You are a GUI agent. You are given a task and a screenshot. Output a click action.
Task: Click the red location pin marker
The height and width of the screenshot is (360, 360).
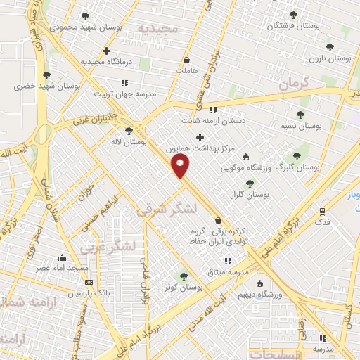(x=181, y=167)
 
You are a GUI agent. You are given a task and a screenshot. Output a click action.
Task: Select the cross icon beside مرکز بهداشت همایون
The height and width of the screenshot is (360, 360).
(x=200, y=137)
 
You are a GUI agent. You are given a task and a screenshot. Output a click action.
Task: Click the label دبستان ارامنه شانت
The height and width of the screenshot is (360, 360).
(x=225, y=120)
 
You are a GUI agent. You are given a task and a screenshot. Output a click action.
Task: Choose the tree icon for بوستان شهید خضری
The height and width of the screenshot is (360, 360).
(x=47, y=75)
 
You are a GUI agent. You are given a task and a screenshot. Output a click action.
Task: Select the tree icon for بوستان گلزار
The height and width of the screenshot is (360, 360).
(x=250, y=184)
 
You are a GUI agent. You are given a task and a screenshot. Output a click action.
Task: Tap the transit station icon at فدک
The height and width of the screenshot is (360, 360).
(x=322, y=210)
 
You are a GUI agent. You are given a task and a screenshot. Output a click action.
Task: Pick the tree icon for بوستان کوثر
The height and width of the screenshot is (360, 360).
(x=184, y=276)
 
